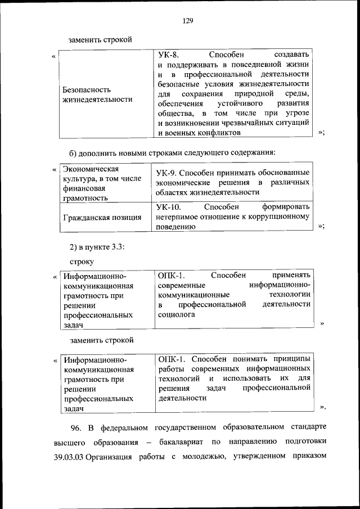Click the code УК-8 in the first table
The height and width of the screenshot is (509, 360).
tap(168, 55)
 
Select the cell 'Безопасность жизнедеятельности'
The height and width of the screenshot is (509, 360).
tap(98, 94)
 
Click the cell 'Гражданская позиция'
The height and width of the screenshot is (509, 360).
tap(102, 217)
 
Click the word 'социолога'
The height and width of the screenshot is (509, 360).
tap(177, 315)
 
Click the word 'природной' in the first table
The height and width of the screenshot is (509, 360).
tap(256, 93)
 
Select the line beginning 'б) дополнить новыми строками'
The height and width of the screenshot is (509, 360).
tap(172, 152)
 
